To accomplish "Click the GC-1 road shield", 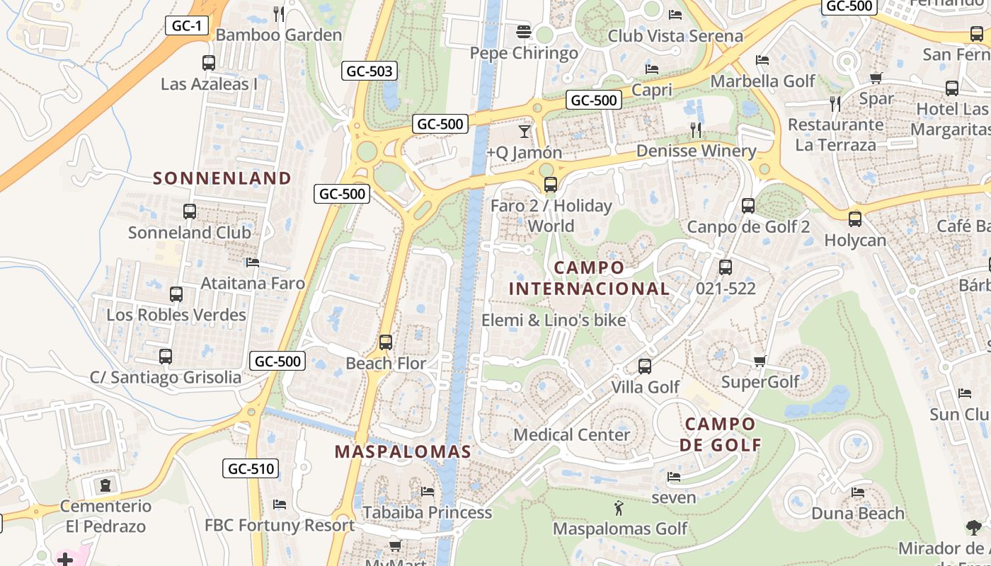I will tap(187, 26).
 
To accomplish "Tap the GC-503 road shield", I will tap(369, 71).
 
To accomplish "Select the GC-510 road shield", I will tap(251, 468).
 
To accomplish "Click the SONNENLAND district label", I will tap(222, 178).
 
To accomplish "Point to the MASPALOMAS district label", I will tap(403, 452).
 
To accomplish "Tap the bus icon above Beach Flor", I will tap(386, 342).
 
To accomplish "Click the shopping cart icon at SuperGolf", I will tap(760, 362).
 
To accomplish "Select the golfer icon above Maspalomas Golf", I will tap(619, 507).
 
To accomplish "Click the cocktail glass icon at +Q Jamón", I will tap(524, 132).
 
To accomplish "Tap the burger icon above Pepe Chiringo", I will tap(524, 32).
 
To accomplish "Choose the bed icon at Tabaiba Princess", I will tap(427, 491).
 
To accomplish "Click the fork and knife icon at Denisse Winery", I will tap(696, 129).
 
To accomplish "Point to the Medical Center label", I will tap(571, 434).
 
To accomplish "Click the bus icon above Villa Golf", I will tap(645, 366).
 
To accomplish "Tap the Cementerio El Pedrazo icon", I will tap(105, 485).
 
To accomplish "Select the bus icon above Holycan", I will tap(855, 219).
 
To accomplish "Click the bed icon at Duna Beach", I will tap(858, 492).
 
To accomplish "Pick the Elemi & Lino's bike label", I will tap(554, 320).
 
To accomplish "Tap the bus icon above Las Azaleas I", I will tap(209, 62).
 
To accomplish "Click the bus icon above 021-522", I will tap(726, 267).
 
